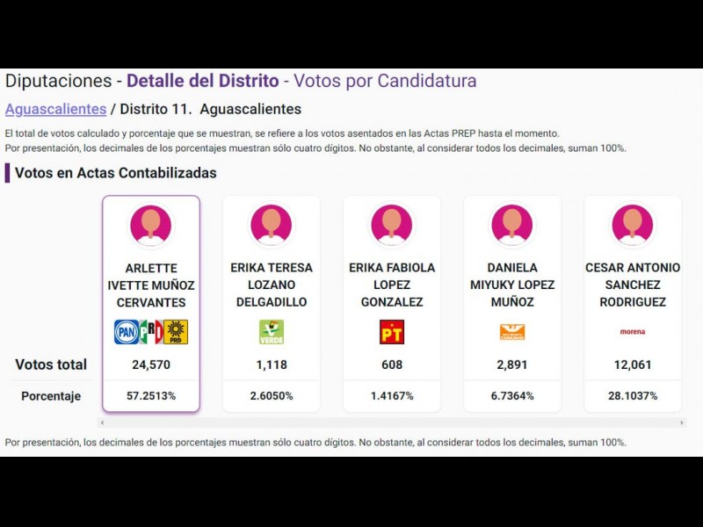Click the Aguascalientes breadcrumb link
tap(55, 110)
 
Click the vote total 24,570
tap(151, 365)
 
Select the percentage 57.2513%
tap(151, 396)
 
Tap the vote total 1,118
tap(272, 365)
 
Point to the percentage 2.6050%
tap(272, 396)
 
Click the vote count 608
tap(392, 365)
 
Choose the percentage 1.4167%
tap(392, 396)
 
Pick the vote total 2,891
tap(512, 365)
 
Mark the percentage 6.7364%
tap(512, 396)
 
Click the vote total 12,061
tap(633, 365)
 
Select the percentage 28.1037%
tap(633, 396)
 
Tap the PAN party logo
tap(127, 332)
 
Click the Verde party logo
tap(272, 332)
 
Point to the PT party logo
tap(392, 332)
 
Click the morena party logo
tap(633, 332)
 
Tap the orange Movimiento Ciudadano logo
tap(512, 332)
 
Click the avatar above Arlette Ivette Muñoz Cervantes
tap(151, 224)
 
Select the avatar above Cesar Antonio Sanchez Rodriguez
tap(633, 224)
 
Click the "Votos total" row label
tap(51, 365)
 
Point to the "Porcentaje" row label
tap(51, 396)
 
